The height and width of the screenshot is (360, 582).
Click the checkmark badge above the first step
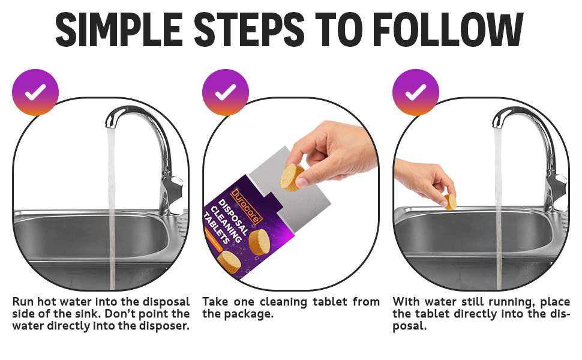coord(35,92)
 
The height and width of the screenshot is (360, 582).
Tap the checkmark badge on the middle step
coord(226,92)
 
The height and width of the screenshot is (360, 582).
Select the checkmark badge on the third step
coord(416,92)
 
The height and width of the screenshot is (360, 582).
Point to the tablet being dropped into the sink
coord(450,202)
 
